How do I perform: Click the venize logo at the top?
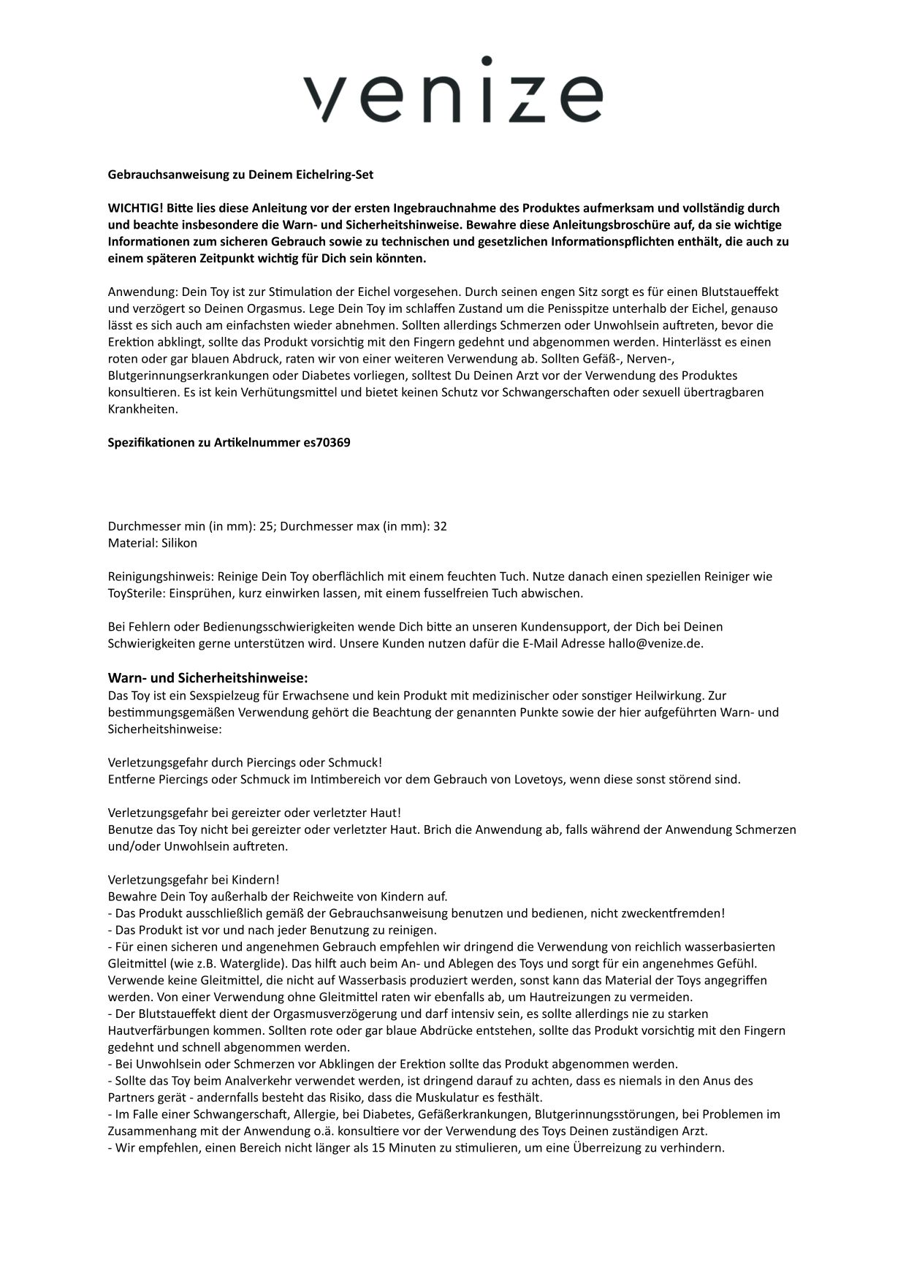453,89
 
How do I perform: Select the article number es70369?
327,443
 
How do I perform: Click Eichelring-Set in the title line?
334,175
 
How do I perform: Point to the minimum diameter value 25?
267,527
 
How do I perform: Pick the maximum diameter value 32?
440,527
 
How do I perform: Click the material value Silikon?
175,544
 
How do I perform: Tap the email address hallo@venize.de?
655,644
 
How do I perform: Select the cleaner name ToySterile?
136,593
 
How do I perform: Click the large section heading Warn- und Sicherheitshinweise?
208,678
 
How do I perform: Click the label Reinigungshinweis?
161,577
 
